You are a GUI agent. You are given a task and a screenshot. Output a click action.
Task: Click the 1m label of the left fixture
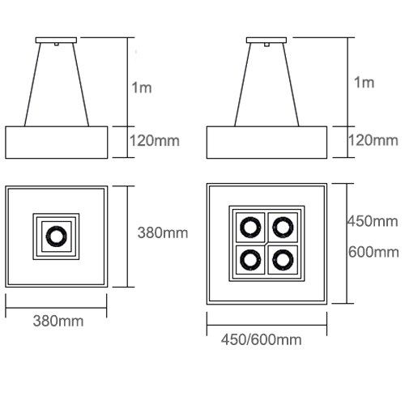click(x=142, y=88)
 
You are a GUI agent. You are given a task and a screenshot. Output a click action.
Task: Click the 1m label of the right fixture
click(x=364, y=83)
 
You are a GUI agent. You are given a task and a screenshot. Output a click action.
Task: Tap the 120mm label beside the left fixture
click(x=155, y=141)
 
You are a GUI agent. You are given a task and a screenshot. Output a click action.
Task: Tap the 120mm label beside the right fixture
click(x=373, y=140)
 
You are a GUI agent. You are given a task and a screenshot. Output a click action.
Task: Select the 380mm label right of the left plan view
click(x=163, y=232)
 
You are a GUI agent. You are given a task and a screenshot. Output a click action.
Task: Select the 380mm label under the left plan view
click(x=58, y=321)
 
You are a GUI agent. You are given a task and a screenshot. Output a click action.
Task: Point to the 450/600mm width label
click(x=262, y=339)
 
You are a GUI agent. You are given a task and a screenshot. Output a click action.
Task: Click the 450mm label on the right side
click(x=373, y=221)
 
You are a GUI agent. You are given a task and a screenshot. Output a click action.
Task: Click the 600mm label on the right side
click(x=373, y=252)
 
